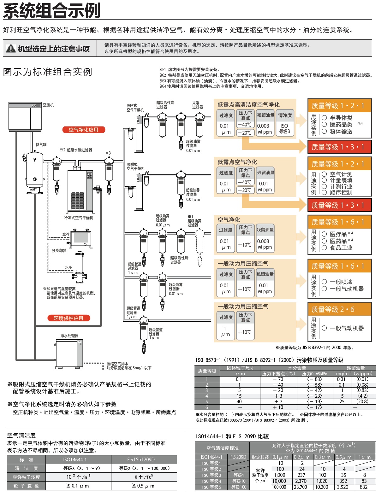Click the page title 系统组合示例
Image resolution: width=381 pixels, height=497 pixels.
click(52, 10)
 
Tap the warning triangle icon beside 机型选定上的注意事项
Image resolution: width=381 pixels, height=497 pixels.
click(11, 48)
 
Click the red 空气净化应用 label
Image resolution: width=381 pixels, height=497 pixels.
click(84, 130)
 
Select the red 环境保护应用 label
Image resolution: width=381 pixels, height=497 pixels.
click(68, 318)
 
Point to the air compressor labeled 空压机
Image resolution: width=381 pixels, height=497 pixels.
click(25, 117)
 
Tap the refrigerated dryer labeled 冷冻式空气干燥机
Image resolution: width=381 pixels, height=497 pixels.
click(80, 191)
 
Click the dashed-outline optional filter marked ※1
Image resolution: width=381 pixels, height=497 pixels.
click(199, 247)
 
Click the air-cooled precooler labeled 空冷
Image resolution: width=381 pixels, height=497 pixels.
click(80, 238)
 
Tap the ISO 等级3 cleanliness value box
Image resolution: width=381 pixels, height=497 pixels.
click(285, 128)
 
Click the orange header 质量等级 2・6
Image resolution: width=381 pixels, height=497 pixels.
click(339, 309)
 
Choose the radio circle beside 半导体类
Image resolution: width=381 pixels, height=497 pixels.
click(324, 118)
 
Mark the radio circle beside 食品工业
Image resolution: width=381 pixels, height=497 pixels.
click(324, 248)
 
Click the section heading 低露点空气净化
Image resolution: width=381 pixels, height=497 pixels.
click(237, 162)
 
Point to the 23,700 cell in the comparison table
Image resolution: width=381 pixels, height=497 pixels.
click(301, 487)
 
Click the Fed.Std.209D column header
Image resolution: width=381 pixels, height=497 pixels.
click(141, 459)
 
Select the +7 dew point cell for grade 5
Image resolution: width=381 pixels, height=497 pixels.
click(278, 401)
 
